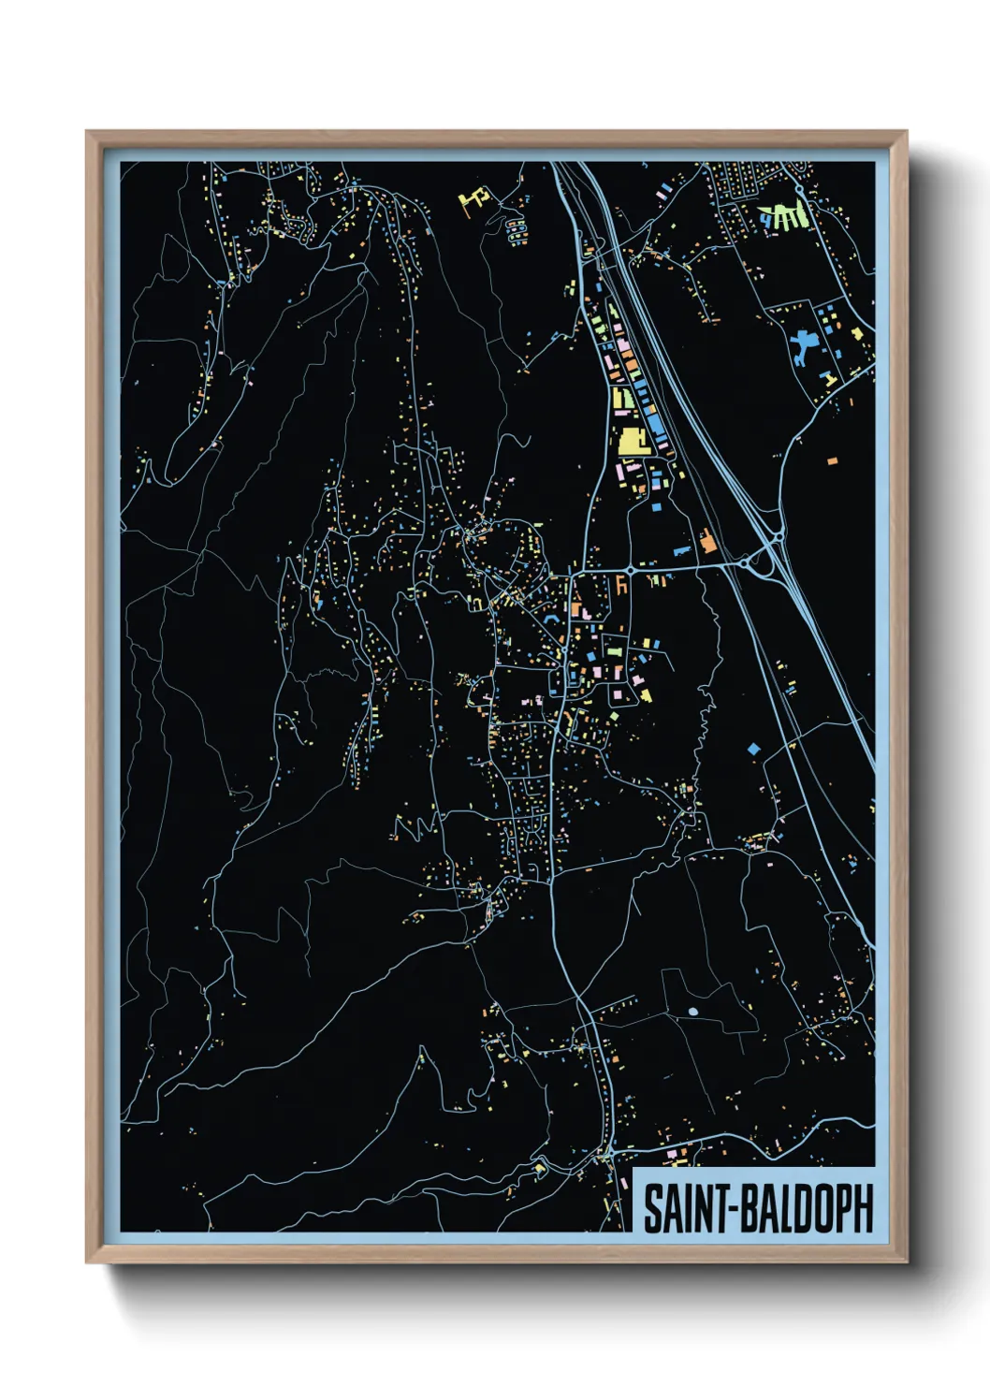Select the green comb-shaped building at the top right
pos(783,217)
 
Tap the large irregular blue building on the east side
pos(803,348)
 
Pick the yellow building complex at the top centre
pos(475,198)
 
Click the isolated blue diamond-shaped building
pos(754,749)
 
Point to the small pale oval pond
pos(692,1012)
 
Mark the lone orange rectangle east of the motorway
pos(832,460)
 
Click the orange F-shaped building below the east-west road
pos(620,585)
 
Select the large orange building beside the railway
pos(707,541)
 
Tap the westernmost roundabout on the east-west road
pos(631,569)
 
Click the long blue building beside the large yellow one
pos(656,430)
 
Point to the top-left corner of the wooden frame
pos(88,133)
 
